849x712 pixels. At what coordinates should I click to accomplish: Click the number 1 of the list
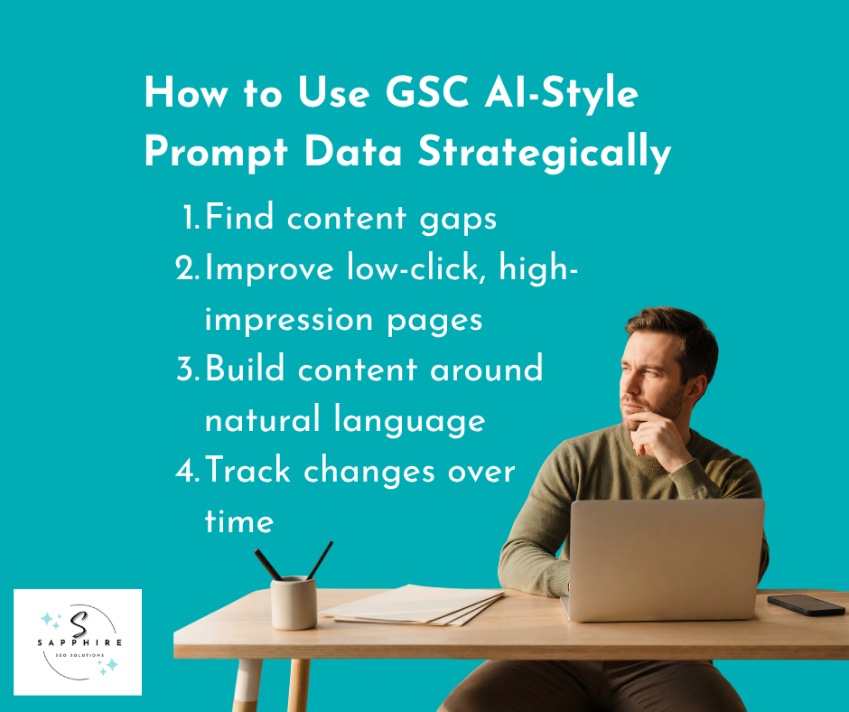pos(190,218)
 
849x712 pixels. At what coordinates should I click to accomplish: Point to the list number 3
pos(187,370)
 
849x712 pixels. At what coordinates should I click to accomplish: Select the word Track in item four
pos(248,471)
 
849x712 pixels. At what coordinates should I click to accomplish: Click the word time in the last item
pos(238,521)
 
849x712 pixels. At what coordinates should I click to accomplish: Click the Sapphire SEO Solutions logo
pos(78,642)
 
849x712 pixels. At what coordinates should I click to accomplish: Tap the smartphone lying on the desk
pos(806,604)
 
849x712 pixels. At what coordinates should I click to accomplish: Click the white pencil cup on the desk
pos(294,602)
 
